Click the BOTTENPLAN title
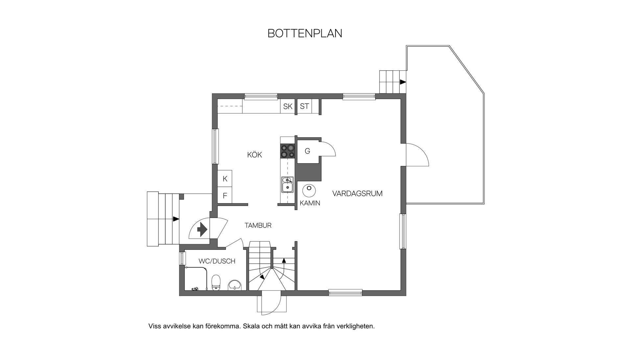point(305,33)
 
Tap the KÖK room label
point(255,155)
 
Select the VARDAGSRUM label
point(357,193)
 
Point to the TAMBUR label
point(258,226)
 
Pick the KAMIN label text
point(310,203)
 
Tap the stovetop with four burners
point(288,152)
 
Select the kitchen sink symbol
point(288,184)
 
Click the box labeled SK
point(288,107)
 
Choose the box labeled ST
point(304,106)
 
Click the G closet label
point(308,151)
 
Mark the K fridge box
point(225,179)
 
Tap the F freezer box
point(225,196)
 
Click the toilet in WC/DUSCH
point(216,282)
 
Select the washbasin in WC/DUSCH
point(235,285)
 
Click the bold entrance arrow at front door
point(201,229)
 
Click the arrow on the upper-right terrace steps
point(403,82)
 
